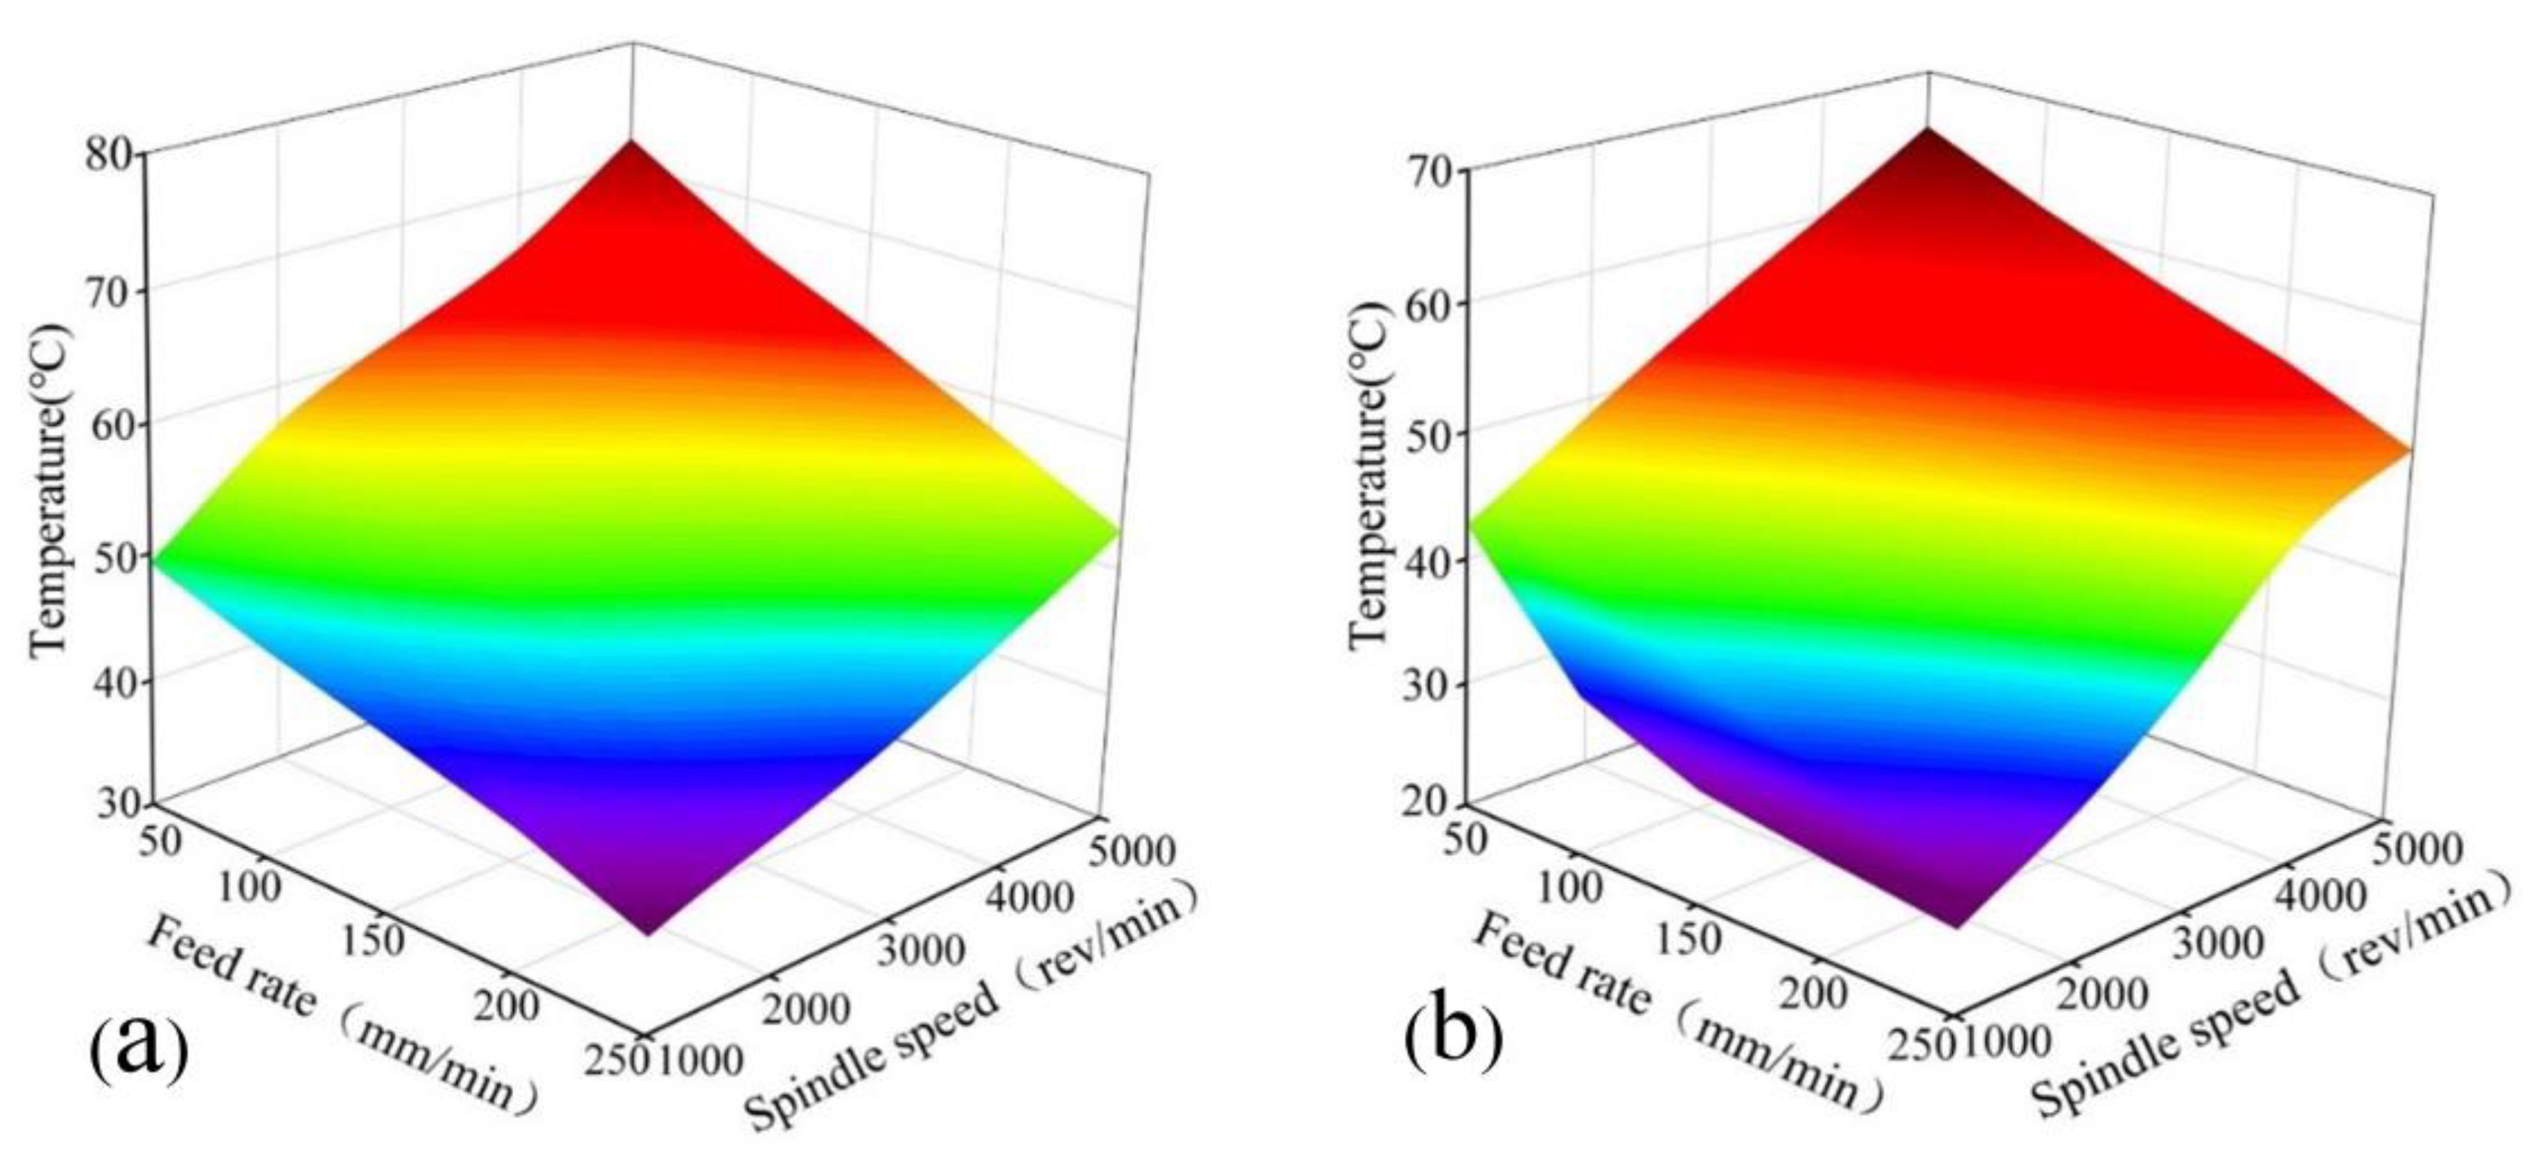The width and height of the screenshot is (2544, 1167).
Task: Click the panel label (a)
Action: (x=138, y=1048)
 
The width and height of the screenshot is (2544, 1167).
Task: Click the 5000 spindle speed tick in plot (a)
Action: (x=1133, y=849)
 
